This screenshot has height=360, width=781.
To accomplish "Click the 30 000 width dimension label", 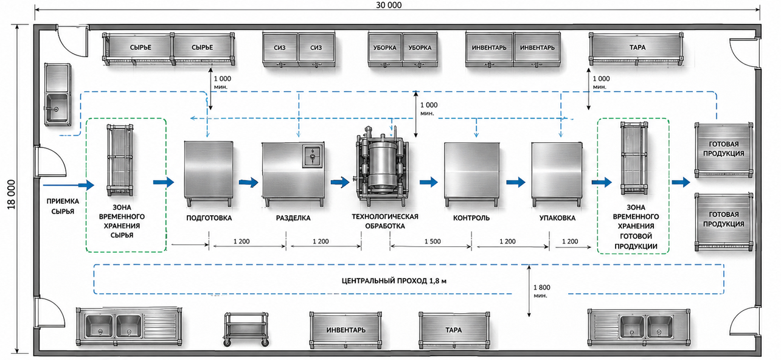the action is (x=389, y=5).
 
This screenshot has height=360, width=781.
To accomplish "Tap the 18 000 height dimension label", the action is (x=12, y=195).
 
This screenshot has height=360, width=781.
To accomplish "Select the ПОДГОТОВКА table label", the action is (x=209, y=218).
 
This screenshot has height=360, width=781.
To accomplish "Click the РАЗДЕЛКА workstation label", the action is (x=293, y=218).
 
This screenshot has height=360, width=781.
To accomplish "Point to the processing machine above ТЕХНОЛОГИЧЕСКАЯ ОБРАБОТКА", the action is (x=382, y=167).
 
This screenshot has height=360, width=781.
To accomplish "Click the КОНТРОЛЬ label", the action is (x=471, y=218).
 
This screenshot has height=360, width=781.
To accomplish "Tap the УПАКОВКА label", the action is (x=558, y=218).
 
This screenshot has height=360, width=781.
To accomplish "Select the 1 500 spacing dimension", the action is (x=432, y=241).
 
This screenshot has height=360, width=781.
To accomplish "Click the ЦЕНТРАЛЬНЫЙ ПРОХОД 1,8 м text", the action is (x=394, y=280).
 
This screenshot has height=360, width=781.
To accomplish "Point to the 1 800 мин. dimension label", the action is (x=542, y=291).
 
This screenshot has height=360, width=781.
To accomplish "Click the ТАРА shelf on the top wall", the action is (x=636, y=49).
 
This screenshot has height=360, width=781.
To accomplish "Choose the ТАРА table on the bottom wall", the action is (x=454, y=330).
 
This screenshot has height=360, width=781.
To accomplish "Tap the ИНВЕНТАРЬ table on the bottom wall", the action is (x=345, y=330).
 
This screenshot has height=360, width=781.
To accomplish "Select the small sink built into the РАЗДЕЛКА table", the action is (x=313, y=156).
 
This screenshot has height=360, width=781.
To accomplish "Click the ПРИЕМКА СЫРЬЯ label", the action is (x=63, y=206).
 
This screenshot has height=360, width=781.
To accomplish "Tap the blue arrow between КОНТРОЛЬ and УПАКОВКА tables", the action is (x=516, y=182).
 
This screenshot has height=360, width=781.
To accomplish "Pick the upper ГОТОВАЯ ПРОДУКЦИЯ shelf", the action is (x=724, y=150).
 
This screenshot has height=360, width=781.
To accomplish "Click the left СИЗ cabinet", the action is (x=280, y=49).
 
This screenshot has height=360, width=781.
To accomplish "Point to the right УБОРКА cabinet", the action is (x=420, y=49).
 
